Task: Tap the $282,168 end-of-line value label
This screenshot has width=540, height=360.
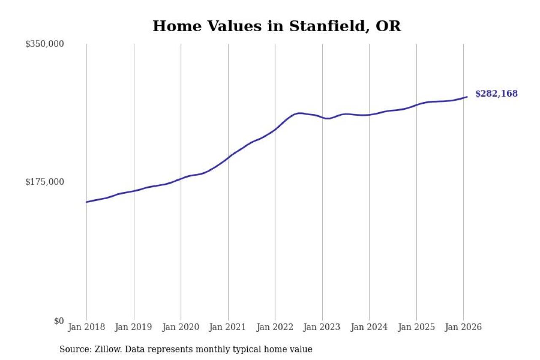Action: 496,94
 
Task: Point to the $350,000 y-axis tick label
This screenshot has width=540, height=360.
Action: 45,44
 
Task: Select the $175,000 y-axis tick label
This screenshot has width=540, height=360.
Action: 45,182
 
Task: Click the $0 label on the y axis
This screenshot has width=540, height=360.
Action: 59,321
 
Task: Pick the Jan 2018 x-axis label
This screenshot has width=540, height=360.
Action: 86,327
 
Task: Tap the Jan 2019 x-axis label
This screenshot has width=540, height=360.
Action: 133,327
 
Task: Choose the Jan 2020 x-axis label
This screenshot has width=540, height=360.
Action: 181,327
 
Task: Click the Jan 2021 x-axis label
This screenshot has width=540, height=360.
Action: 228,327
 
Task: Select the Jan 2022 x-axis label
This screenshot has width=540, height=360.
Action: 275,327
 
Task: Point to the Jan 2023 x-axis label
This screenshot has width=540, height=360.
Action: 322,327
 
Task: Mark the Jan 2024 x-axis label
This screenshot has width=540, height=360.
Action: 369,327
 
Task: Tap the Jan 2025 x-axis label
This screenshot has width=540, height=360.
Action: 416,327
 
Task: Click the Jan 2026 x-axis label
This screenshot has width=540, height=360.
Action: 463,327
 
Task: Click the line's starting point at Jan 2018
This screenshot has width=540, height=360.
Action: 86,202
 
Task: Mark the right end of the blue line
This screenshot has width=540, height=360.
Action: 467,97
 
